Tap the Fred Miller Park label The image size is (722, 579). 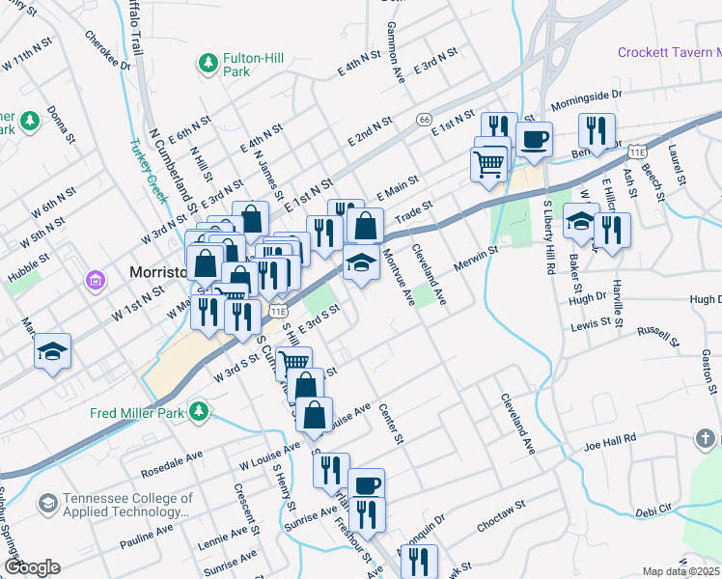pyautogui.click(x=136, y=413)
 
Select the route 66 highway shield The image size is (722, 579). pyautogui.click(x=424, y=119)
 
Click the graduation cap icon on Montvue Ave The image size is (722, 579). pyautogui.click(x=360, y=263)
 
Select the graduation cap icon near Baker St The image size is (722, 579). pyautogui.click(x=581, y=221)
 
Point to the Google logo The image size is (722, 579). pyautogui.click(x=32, y=567)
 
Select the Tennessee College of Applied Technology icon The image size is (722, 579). pyautogui.click(x=47, y=503)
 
